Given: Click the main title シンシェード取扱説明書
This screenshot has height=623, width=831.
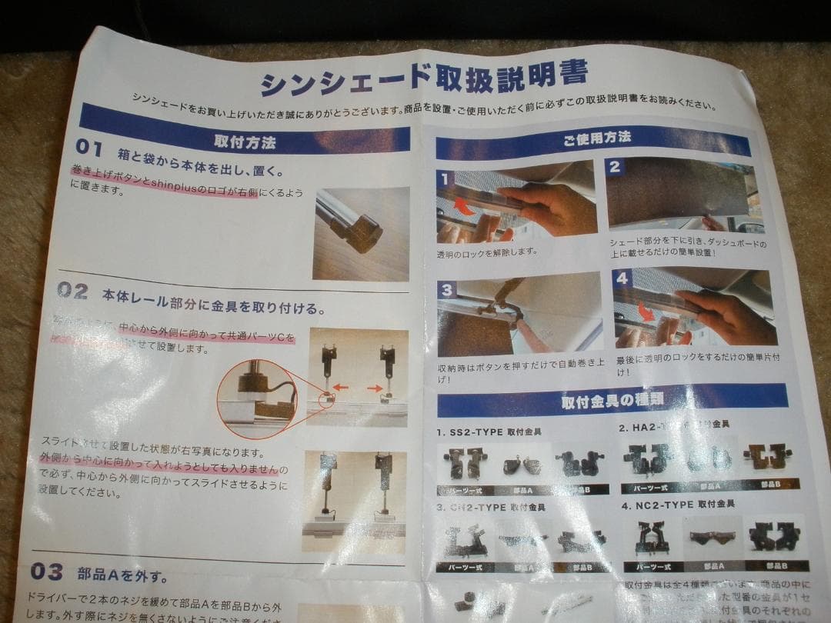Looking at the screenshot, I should [x=424, y=77].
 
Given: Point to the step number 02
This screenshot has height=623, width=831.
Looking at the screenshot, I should [x=73, y=291].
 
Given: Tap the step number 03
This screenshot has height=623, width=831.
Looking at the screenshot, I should [x=47, y=571].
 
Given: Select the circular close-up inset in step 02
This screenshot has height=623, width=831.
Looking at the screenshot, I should [x=256, y=398].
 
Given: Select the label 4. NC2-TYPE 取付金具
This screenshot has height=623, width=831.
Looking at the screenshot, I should [x=677, y=505].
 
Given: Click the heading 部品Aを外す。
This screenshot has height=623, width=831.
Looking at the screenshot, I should [x=122, y=575].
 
